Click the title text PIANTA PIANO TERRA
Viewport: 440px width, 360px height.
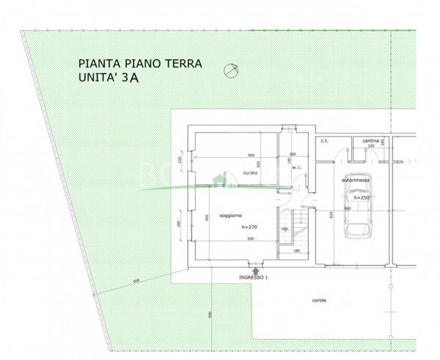pyautogui.click(x=140, y=64)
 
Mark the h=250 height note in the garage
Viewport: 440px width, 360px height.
pyautogui.click(x=359, y=196)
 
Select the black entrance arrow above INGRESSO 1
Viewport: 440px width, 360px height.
pyautogui.click(x=254, y=271)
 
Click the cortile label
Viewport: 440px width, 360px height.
pyautogui.click(x=318, y=301)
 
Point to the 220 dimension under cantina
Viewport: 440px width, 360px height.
pyautogui.click(x=370, y=146)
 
